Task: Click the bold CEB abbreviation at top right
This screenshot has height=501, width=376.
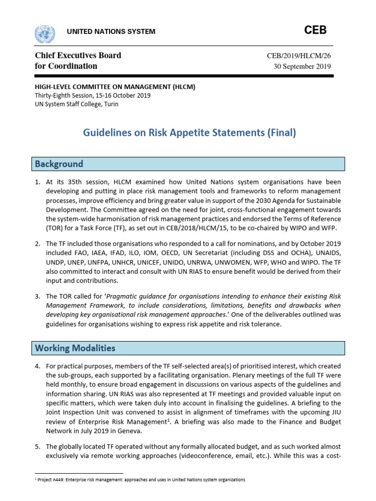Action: (x=315, y=30)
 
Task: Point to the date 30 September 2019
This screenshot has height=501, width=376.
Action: (x=302, y=67)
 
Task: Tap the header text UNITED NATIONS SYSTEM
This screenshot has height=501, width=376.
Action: (x=111, y=32)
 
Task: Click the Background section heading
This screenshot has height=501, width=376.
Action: (x=59, y=164)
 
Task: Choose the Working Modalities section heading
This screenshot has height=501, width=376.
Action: (x=75, y=348)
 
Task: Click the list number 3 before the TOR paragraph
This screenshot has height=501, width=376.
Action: (x=37, y=296)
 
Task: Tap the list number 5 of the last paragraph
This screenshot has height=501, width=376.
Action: (x=37, y=447)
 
